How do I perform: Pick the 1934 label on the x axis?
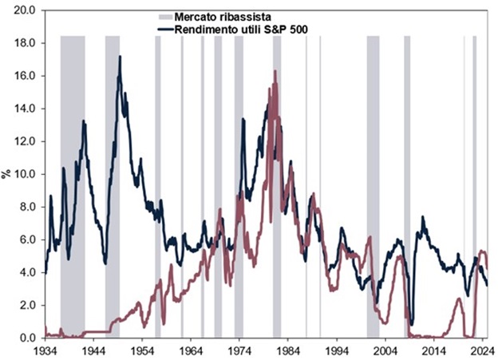point(45,350)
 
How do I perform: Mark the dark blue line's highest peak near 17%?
point(120,57)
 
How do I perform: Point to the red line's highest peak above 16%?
point(275,71)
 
